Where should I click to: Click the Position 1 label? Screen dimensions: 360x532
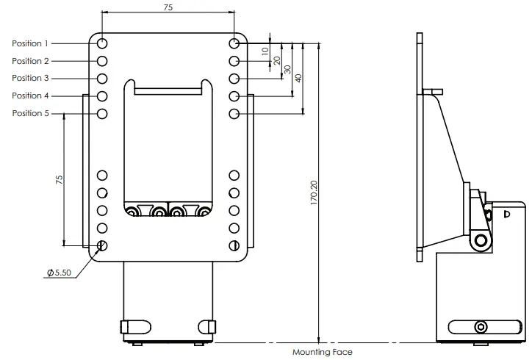[x=32, y=43]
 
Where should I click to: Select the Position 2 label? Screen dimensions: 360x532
[x=32, y=61]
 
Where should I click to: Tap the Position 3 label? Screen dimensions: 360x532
[x=32, y=78]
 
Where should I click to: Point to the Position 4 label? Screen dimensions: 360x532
[x=32, y=96]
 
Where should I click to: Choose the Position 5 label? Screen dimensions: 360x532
[x=32, y=113]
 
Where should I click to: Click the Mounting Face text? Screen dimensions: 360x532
[x=322, y=353]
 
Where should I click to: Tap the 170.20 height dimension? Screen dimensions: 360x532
[x=314, y=194]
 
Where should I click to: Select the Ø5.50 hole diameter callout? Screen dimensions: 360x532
[x=59, y=273]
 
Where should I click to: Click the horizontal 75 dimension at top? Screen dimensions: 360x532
[x=168, y=7]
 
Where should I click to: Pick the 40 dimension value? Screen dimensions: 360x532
[x=298, y=78]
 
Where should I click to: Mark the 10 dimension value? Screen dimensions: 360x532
[x=265, y=51]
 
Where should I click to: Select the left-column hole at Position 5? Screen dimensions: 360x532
[x=102, y=114]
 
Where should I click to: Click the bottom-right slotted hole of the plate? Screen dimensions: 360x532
[x=234, y=245]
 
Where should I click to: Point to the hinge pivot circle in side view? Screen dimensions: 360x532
[x=481, y=240]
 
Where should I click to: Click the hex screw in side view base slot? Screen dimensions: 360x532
[x=481, y=327]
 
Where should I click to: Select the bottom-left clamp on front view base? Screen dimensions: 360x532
[x=134, y=326]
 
